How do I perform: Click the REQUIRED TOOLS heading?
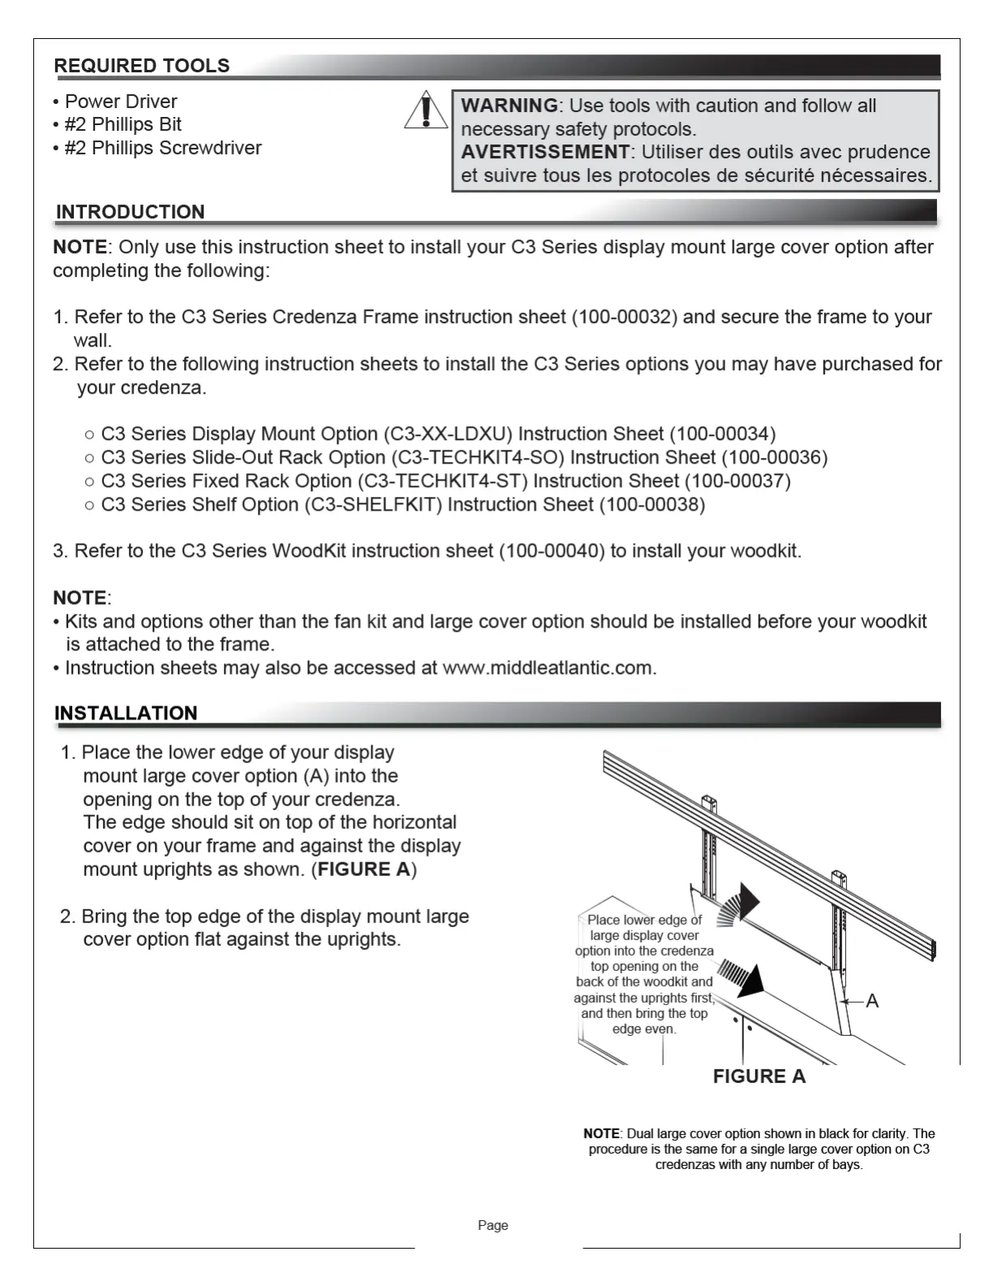pos(142,66)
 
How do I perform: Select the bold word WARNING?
pos(509,106)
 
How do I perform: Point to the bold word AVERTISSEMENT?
pos(545,152)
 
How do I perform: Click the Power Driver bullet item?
pos(120,101)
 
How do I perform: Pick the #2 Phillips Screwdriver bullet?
pos(162,148)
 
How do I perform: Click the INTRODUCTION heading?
pos(130,212)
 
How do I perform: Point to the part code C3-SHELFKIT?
pos(373,504)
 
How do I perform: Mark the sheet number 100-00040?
pos(552,550)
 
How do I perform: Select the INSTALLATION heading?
pos(126,713)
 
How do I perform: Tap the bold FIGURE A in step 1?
pos(363,869)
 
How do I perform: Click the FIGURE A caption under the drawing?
pos(759,1077)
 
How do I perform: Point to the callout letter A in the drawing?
pos(872,1001)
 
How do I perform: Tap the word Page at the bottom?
pos(492,1225)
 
